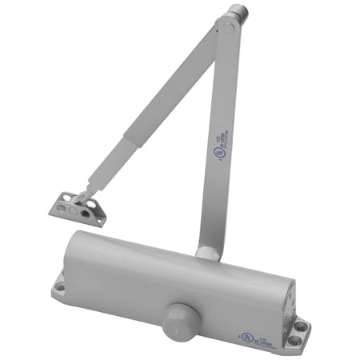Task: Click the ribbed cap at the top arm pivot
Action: (x=237, y=15)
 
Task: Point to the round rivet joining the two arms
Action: (x=227, y=27)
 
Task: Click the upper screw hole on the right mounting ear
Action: (x=300, y=326)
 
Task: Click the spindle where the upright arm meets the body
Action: (x=206, y=253)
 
